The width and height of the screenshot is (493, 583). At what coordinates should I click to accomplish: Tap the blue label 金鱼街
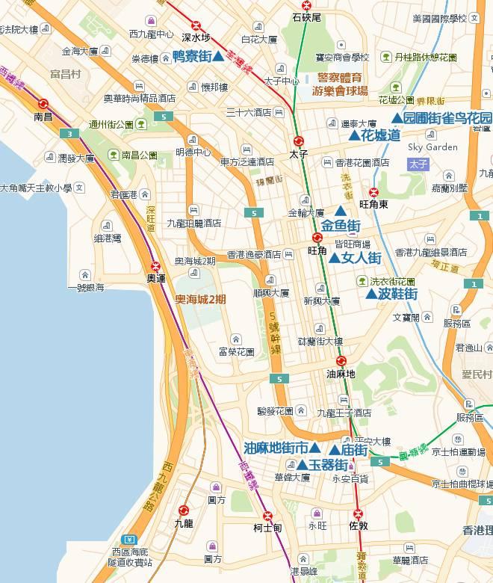coord(341,225)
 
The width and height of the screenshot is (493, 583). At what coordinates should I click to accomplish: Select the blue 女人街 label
coord(356,258)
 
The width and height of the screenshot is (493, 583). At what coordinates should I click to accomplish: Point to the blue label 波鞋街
coord(391,294)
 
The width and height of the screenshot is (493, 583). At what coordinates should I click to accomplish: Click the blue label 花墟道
coord(375,135)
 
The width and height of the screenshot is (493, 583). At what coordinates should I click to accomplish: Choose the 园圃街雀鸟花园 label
coord(441,118)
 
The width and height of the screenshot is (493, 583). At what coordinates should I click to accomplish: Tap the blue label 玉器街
coord(323,464)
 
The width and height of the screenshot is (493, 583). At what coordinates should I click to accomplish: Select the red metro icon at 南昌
coord(43,105)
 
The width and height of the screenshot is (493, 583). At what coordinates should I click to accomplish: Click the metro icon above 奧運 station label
coord(155,265)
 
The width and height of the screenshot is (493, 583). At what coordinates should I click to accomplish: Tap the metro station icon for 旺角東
coord(374,191)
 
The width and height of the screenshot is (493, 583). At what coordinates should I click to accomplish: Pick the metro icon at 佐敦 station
coord(358,513)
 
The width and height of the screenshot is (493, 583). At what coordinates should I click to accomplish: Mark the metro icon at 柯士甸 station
coord(267,516)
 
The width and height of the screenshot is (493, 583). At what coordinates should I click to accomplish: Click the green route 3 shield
coord(69,134)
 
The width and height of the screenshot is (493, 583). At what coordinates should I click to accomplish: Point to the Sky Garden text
coord(432,147)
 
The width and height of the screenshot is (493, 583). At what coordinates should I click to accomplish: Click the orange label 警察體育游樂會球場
coord(342,84)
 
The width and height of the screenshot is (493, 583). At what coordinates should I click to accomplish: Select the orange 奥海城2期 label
coord(200,299)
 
